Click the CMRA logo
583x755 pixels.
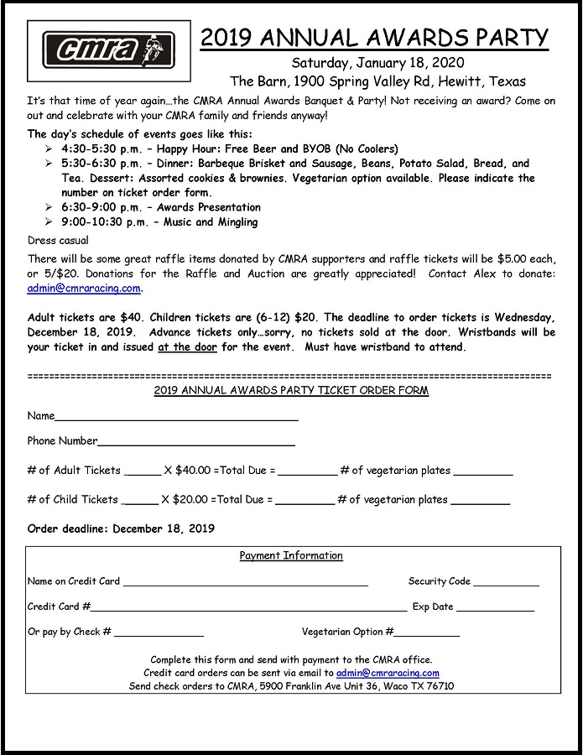tap(102, 50)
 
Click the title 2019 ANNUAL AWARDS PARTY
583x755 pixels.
tap(374, 38)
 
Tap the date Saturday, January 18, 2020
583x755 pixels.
tap(377, 63)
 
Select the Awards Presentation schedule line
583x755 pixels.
tap(161, 207)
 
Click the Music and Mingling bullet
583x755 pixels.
tap(159, 222)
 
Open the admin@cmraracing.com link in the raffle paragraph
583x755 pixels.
tap(84, 289)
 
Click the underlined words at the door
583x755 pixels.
tap(187, 347)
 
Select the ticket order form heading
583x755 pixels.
tap(291, 391)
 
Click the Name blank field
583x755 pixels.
tap(176, 416)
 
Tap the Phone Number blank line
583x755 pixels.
tap(196, 441)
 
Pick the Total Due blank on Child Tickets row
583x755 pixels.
tap(305, 501)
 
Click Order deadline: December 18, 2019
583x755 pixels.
tap(121, 529)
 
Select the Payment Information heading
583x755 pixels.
tap(291, 555)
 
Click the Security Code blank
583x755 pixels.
tap(506, 582)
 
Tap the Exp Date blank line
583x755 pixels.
tap(495, 607)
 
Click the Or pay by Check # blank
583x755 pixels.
tap(159, 633)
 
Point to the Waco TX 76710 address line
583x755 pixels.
tap(291, 686)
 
